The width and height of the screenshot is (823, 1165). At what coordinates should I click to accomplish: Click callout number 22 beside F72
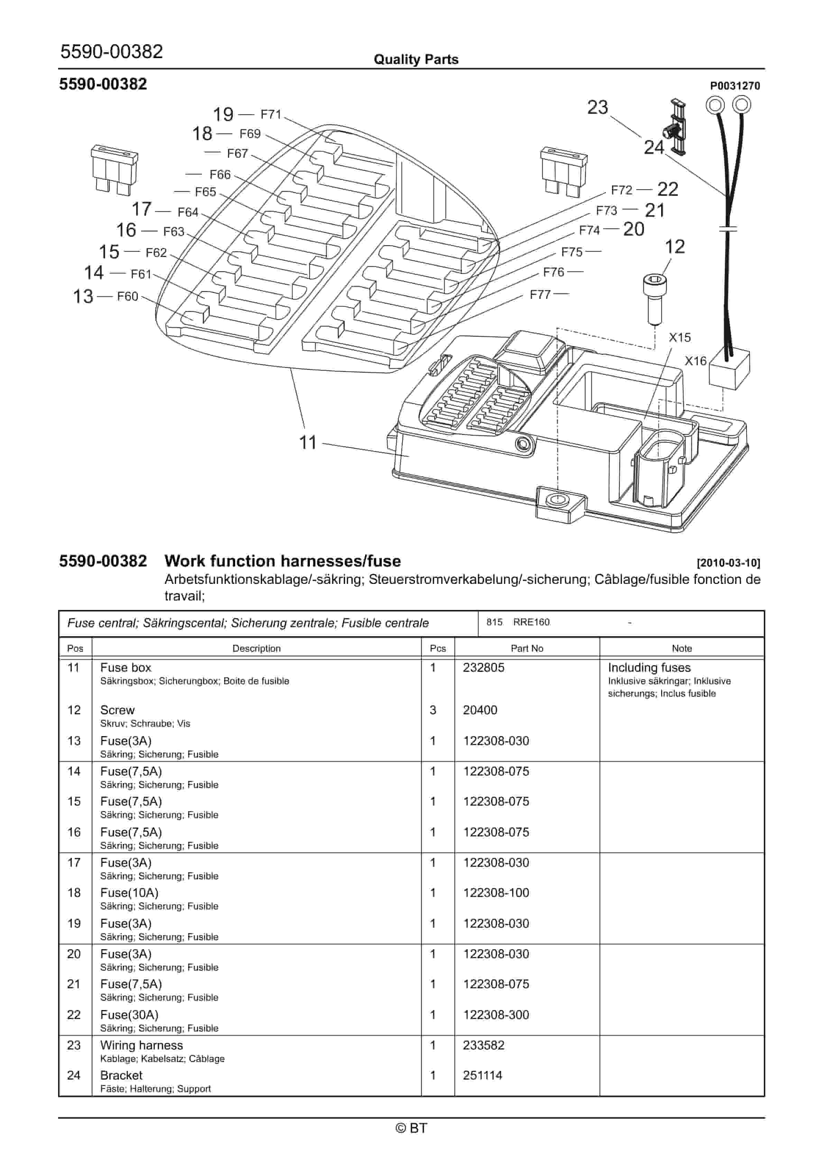[x=667, y=189]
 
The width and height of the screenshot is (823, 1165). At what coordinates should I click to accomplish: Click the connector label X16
[x=695, y=361]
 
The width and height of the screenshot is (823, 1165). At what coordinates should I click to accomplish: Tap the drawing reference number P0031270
[x=735, y=86]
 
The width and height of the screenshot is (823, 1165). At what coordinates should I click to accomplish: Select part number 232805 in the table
[x=483, y=667]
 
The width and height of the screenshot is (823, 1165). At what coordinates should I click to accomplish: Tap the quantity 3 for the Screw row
[x=433, y=710]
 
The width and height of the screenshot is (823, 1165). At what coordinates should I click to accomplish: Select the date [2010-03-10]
[x=728, y=563]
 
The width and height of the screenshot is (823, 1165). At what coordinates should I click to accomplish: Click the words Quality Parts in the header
[x=416, y=59]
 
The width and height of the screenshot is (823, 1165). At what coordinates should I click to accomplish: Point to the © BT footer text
[x=411, y=1128]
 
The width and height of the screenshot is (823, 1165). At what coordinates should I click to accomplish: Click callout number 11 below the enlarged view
[x=307, y=442]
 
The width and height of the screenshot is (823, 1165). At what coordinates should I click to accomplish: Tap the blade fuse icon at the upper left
[x=114, y=169]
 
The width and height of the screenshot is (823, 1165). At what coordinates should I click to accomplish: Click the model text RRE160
[x=531, y=622]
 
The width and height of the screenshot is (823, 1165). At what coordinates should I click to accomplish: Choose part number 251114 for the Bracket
[x=482, y=1075]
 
